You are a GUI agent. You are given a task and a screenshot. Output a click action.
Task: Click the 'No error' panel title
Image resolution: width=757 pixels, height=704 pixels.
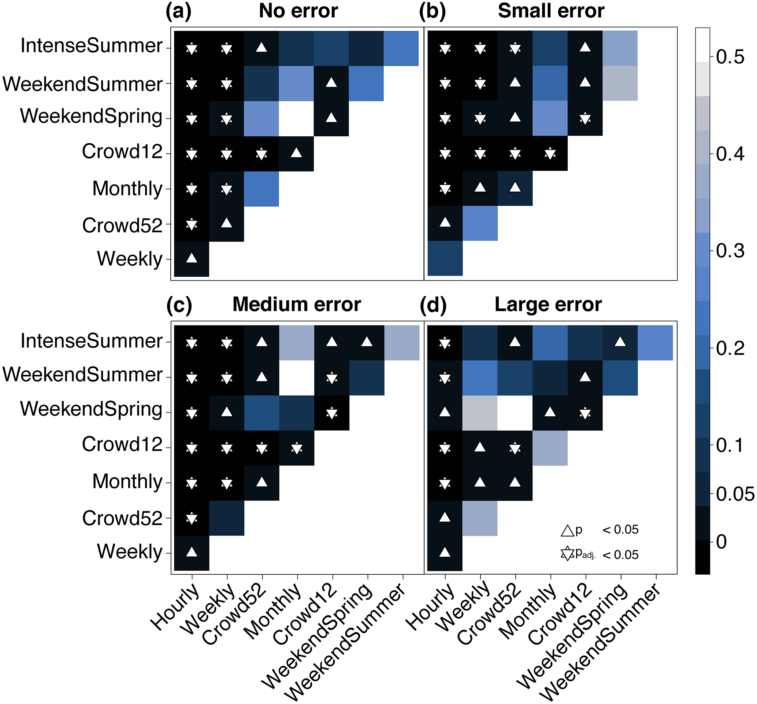click(298, 11)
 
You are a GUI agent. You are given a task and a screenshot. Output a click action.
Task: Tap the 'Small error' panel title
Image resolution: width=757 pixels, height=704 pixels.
click(551, 11)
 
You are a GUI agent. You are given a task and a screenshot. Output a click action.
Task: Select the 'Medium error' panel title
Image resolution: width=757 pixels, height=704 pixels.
click(297, 305)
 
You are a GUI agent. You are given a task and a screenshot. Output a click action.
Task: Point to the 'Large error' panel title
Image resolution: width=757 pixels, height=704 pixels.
click(548, 305)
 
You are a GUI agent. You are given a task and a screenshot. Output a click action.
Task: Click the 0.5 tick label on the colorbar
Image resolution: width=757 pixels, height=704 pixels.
click(730, 57)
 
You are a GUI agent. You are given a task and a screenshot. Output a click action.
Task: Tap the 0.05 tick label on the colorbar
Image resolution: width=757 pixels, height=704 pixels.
click(735, 494)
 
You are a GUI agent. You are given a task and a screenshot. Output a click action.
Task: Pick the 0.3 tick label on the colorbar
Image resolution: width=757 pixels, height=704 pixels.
click(730, 251)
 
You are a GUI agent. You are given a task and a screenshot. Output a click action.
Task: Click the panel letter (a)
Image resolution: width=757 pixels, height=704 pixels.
click(178, 11)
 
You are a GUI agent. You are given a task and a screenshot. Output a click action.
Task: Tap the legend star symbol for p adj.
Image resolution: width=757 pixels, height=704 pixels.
click(567, 554)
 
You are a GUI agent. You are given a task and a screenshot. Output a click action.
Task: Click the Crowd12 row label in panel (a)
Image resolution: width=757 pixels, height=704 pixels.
click(122, 152)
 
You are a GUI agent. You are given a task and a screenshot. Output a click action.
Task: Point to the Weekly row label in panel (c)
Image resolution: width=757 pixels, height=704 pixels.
click(130, 551)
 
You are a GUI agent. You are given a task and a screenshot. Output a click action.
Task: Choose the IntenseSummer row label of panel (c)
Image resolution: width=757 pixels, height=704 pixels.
click(92, 341)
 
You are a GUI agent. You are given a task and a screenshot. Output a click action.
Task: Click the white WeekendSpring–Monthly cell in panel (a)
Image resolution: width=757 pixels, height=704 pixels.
click(296, 118)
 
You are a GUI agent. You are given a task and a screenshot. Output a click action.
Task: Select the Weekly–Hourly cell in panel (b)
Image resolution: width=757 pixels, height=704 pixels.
click(445, 258)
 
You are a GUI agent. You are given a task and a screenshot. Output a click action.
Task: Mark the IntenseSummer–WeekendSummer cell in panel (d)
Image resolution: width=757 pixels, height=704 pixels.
click(655, 343)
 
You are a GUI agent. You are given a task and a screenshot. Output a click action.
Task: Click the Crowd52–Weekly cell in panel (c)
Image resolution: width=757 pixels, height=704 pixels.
click(227, 518)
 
